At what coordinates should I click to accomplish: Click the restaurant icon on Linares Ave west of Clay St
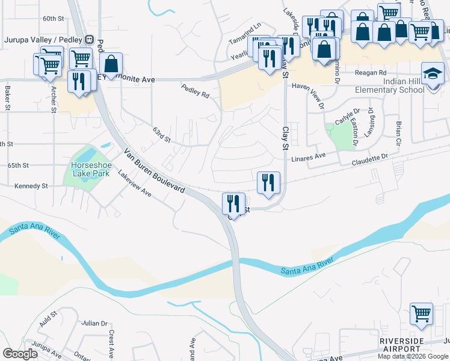(268, 182)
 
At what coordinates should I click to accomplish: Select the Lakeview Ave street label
(134, 184)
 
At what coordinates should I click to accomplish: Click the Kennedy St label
(31, 187)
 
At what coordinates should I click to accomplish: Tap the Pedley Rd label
(196, 91)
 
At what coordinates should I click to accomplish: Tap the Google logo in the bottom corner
(20, 354)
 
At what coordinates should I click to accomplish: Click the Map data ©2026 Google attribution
(413, 356)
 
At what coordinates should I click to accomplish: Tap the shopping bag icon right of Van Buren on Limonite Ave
(111, 63)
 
